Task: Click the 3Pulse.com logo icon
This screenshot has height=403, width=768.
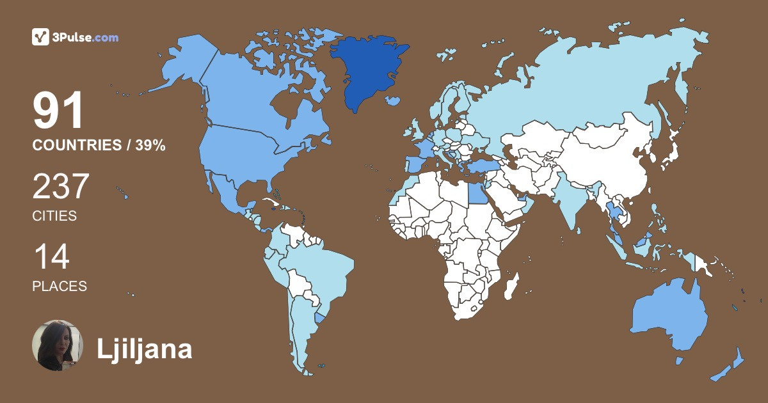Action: pyautogui.click(x=40, y=37)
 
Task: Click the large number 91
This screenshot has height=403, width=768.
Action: pyautogui.click(x=58, y=111)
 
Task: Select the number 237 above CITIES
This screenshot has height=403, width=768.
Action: pyautogui.click(x=60, y=187)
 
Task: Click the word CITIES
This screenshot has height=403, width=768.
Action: pyautogui.click(x=54, y=216)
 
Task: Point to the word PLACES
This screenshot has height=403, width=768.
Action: pyautogui.click(x=60, y=287)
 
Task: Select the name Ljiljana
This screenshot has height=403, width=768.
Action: pyautogui.click(x=144, y=349)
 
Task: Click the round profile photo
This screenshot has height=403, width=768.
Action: pyautogui.click(x=58, y=345)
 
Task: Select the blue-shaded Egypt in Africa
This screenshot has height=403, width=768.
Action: pyautogui.click(x=476, y=190)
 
